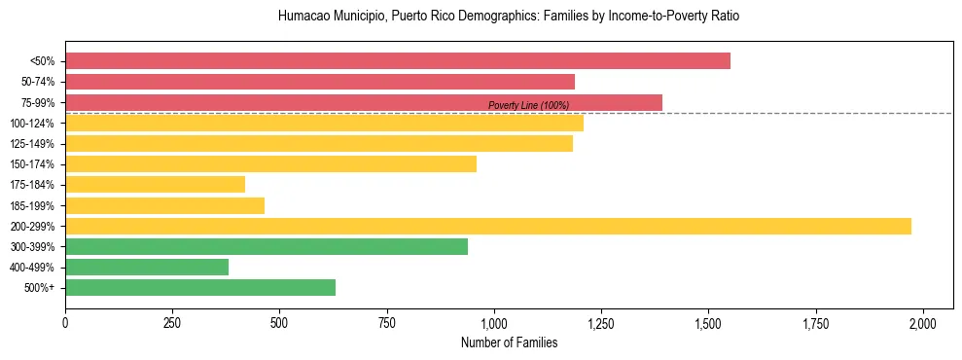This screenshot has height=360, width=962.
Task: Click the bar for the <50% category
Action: [x=397, y=60]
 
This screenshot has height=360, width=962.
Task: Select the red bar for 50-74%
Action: [x=319, y=82]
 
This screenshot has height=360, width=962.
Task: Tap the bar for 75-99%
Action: [x=363, y=102]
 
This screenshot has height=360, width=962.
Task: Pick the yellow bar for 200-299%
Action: [x=487, y=226]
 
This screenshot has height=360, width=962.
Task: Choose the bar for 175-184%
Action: [x=155, y=185]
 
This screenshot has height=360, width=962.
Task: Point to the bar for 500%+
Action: [x=199, y=287]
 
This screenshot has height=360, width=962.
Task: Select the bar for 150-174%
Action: [x=270, y=163]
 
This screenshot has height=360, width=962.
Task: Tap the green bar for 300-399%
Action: [x=266, y=246]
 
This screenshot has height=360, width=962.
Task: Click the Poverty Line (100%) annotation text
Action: [x=528, y=105]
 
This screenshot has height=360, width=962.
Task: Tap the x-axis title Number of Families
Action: [x=509, y=342]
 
